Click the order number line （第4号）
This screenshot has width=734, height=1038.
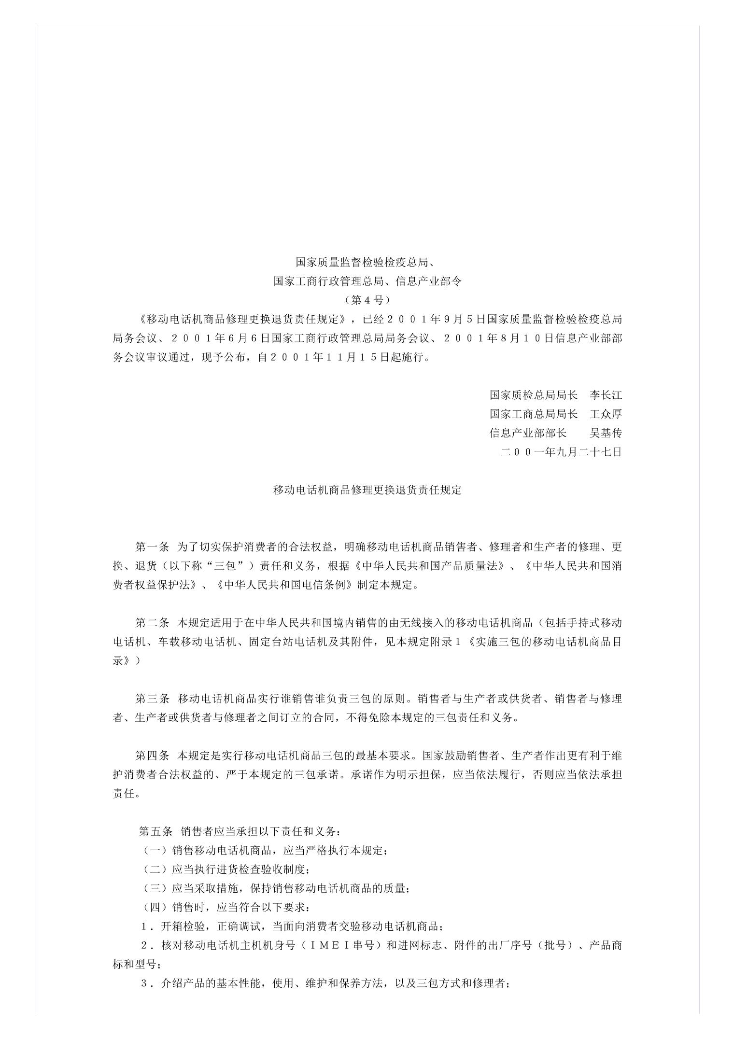(x=367, y=300)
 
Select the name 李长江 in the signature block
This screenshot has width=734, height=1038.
(x=606, y=395)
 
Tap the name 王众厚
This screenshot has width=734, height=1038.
(x=606, y=414)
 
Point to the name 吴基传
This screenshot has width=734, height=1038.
(x=606, y=433)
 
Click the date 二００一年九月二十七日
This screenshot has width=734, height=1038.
(x=561, y=452)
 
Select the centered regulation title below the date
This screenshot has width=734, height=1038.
(x=367, y=490)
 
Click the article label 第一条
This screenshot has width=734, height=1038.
(x=152, y=547)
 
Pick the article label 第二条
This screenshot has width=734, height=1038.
(x=152, y=623)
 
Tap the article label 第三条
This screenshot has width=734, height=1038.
(x=152, y=699)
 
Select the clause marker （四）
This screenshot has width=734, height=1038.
(x=155, y=907)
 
